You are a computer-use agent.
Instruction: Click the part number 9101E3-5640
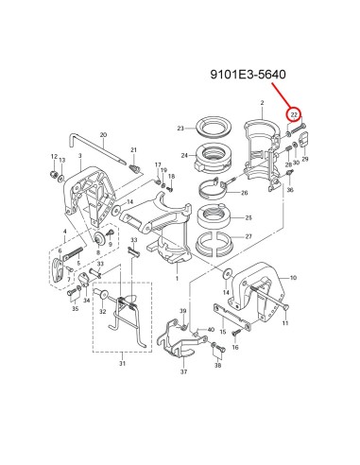pyautogui.click(x=249, y=75)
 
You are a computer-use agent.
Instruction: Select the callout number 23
pyautogui.click(x=180, y=129)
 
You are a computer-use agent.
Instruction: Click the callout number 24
pyautogui.click(x=184, y=155)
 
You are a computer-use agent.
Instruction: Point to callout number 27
pyautogui.click(x=249, y=236)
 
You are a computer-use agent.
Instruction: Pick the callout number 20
pyautogui.click(x=103, y=135)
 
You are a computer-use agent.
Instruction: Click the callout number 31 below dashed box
pyautogui.click(x=122, y=363)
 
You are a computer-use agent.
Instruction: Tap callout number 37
pyautogui.click(x=183, y=371)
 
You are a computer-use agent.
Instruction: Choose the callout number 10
pyautogui.click(x=293, y=278)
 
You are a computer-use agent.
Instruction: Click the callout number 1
pyautogui.click(x=177, y=279)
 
